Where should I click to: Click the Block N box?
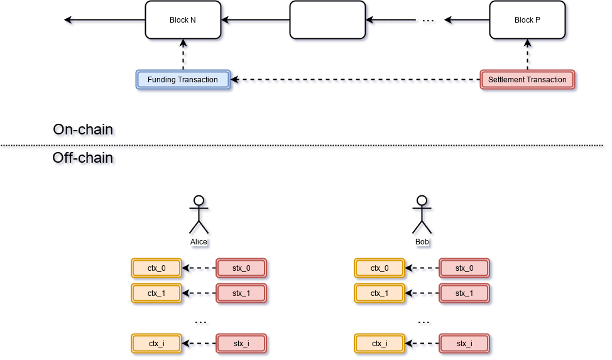tap(183, 20)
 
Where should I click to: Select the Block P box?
tap(527, 20)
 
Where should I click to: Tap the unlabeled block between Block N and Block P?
tap(327, 20)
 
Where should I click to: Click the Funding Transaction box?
tap(183, 80)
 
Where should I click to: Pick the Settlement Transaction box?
tap(527, 80)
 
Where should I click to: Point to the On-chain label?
tap(85, 131)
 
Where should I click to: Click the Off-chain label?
tap(85, 159)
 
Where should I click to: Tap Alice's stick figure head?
tap(199, 201)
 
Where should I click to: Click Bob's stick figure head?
tap(423, 201)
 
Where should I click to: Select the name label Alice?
tap(199, 241)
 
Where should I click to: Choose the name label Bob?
tap(422, 241)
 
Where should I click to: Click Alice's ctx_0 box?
tap(156, 268)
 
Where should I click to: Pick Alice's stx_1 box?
tap(241, 293)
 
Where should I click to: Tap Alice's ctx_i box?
tap(156, 343)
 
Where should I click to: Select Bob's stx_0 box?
tap(464, 268)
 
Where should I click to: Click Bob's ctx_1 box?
tap(380, 293)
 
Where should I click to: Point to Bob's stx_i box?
tap(464, 343)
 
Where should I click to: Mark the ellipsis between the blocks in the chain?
tap(430, 23)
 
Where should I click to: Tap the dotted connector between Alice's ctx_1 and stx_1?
tap(199, 293)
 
